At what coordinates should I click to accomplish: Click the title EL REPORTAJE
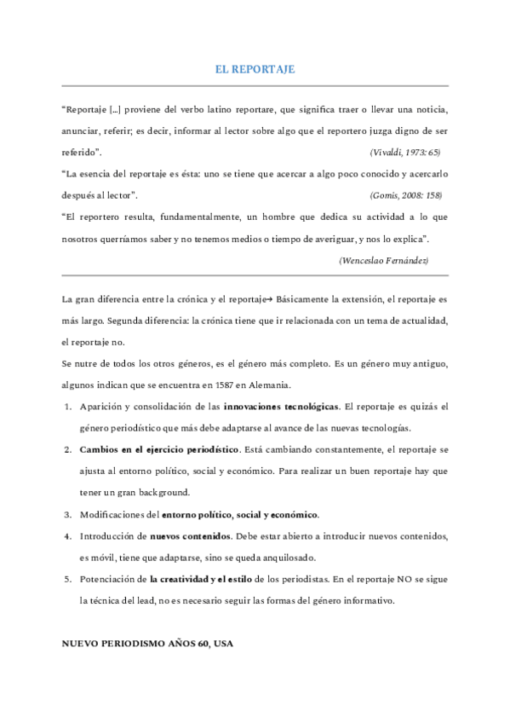(x=255, y=70)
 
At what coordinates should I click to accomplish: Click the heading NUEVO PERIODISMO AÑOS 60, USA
(x=146, y=644)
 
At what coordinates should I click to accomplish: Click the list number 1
(x=67, y=405)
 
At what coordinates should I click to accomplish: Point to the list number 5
(x=67, y=579)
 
